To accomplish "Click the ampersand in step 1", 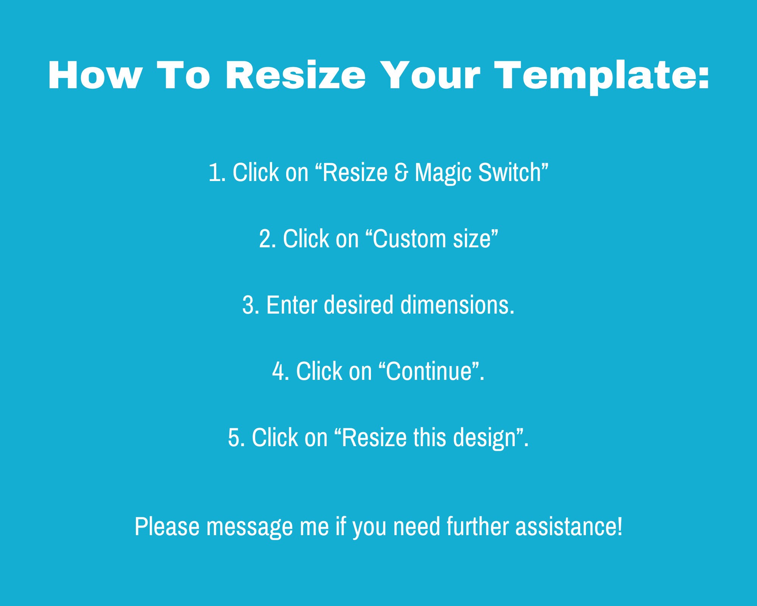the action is coord(401,172).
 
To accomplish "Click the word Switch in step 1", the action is coord(511,172).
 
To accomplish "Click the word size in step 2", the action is coord(472,239).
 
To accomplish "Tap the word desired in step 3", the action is coord(359,305).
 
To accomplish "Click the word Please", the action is coord(167,526).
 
